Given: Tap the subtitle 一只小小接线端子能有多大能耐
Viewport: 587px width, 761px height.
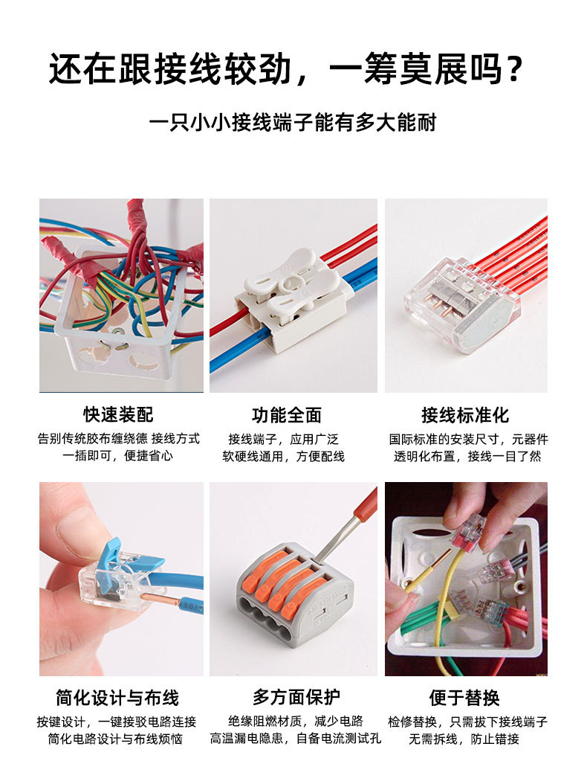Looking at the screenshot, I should pos(293,122).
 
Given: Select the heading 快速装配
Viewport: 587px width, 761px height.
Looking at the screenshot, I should pos(118,414).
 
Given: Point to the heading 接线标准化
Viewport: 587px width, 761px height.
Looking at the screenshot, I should pos(465,414).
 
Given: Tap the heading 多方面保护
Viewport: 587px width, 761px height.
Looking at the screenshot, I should pos(296,698).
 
